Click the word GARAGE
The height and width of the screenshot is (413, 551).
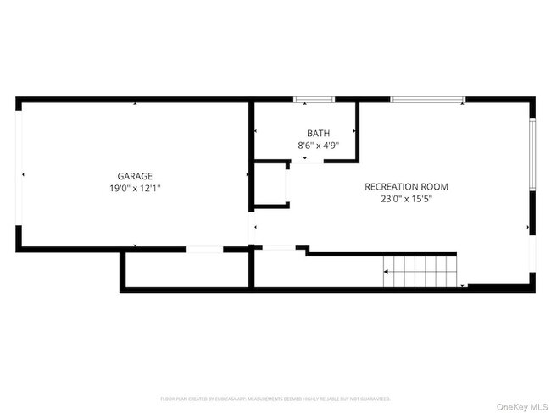pyautogui.click(x=135, y=176)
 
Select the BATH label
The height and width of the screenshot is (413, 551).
pyautogui.click(x=319, y=134)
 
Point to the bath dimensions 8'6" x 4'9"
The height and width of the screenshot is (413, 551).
pyautogui.click(x=319, y=146)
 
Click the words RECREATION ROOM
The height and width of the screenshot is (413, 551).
pyautogui.click(x=406, y=187)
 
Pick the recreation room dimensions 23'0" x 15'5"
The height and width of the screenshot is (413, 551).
pyautogui.click(x=406, y=200)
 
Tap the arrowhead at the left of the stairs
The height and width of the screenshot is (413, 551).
pyautogui.click(x=387, y=272)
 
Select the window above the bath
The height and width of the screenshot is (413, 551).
pyautogui.click(x=314, y=101)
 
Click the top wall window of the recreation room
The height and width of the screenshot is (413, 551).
pyautogui.click(x=427, y=101)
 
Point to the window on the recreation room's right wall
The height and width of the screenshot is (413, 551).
pyautogui.click(x=532, y=155)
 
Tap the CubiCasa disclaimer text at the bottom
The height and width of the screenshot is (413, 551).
pyautogui.click(x=275, y=398)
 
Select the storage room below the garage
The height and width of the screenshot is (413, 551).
pyautogui.click(x=186, y=270)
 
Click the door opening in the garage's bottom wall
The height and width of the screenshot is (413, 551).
pyautogui.click(x=204, y=249)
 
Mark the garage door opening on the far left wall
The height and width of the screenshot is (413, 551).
pyautogui.click(x=18, y=175)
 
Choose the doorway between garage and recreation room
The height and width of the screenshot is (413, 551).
pyautogui.click(x=251, y=229)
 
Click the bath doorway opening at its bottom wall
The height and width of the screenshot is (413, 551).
pyautogui.click(x=305, y=158)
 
